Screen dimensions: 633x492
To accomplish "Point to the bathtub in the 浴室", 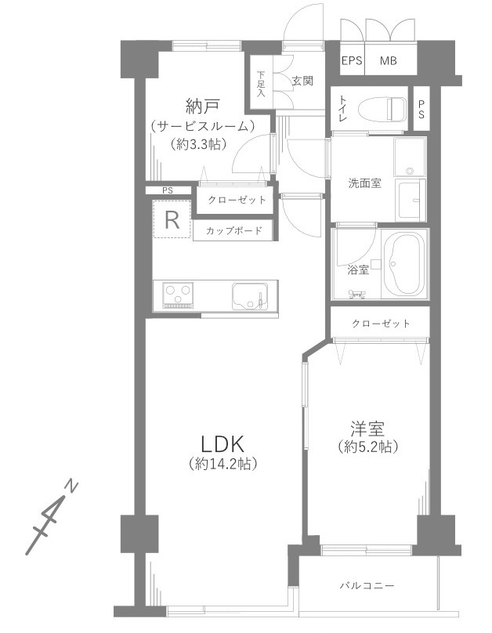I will pyautogui.click(x=404, y=266).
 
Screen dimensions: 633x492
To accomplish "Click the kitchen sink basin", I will pyautogui.click(x=249, y=296).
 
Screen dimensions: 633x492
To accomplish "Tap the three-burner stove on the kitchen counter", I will pyautogui.click(x=179, y=295).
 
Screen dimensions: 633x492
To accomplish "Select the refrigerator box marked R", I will pyautogui.click(x=172, y=220).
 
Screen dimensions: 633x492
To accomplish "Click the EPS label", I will pyautogui.click(x=352, y=61).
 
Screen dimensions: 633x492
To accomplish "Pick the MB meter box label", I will pyautogui.click(x=389, y=61).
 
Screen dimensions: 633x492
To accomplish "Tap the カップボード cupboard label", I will pyautogui.click(x=233, y=231).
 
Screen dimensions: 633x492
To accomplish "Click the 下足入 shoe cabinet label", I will pyautogui.click(x=261, y=84).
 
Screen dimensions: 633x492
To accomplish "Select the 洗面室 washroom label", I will pyautogui.click(x=364, y=183).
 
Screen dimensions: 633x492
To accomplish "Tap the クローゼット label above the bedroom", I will pyautogui.click(x=380, y=323).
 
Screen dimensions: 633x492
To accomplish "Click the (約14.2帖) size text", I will pyautogui.click(x=223, y=464).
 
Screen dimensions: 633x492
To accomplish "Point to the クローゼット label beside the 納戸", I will pyautogui.click(x=237, y=200).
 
